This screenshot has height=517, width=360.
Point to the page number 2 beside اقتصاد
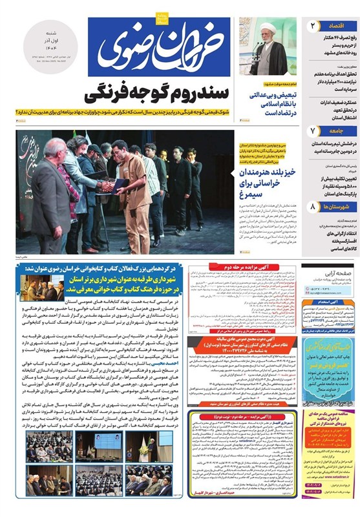tap(312, 26)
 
